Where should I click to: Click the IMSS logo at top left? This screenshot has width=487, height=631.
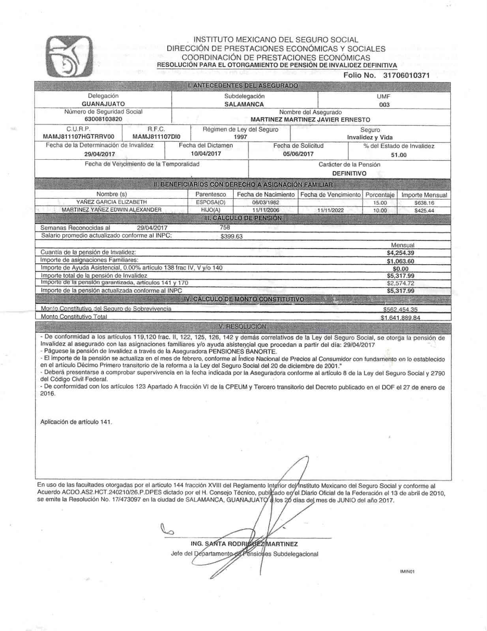[69, 56]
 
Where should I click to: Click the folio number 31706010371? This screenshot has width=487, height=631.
[406, 75]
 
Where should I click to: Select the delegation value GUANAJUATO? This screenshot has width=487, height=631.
[103, 104]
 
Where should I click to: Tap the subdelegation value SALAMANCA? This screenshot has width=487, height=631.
[244, 105]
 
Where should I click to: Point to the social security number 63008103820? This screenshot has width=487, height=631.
[103, 119]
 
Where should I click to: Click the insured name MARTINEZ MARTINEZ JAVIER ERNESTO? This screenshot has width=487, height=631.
[310, 119]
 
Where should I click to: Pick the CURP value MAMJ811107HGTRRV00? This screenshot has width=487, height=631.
[79, 137]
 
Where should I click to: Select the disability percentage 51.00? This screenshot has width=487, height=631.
[399, 155]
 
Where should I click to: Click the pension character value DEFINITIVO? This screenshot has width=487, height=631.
[349, 174]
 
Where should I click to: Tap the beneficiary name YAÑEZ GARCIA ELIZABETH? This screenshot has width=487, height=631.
[112, 202]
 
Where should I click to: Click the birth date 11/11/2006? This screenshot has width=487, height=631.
[266, 210]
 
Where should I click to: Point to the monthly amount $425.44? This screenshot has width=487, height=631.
[424, 211]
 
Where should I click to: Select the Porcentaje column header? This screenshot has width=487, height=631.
[380, 195]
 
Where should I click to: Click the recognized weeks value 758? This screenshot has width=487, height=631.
[225, 227]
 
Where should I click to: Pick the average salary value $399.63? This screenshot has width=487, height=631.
[232, 237]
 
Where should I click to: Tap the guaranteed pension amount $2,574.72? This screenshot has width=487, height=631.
[400, 283]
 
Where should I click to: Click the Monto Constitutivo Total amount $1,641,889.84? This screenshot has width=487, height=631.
[400, 318]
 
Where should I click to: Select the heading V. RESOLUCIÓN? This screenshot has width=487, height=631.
[242, 327]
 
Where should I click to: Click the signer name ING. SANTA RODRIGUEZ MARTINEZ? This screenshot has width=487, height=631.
[244, 544]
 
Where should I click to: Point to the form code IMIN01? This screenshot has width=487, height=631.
[407, 571]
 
